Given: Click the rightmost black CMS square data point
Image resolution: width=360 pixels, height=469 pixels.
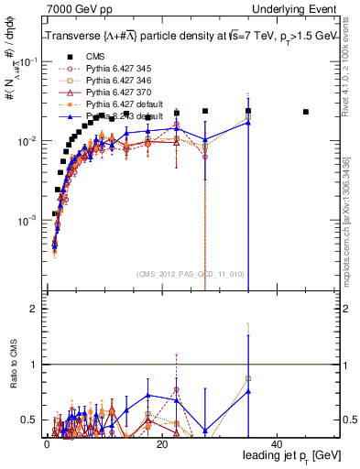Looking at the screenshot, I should tap(306, 112).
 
